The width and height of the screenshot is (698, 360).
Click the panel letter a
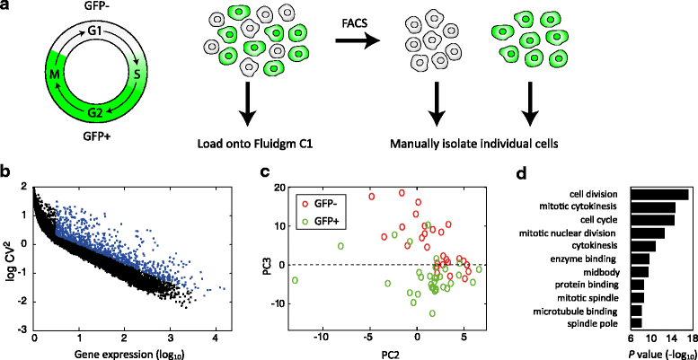(x=8, y=8)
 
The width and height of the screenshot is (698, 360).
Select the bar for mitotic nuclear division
(x=647, y=233)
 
